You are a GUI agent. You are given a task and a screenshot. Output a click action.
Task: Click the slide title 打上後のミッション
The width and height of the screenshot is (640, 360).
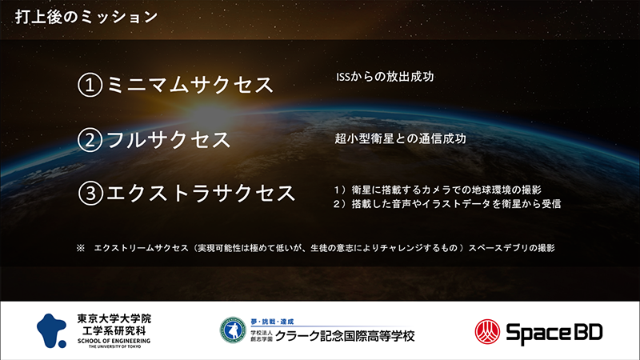pos(86,17)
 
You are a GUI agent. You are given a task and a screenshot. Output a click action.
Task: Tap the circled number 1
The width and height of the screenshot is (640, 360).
pos(90,85)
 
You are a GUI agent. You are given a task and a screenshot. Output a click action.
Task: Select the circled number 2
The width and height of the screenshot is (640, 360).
pos(90,139)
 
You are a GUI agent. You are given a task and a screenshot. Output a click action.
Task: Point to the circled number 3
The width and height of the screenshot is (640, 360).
pos(90,193)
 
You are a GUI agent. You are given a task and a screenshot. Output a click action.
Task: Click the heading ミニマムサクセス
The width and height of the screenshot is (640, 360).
pos(190,85)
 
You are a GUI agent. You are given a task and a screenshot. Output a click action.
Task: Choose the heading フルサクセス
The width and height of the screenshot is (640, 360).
pos(168,139)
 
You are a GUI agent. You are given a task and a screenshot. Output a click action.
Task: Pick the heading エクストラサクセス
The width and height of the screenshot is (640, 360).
pos(201,193)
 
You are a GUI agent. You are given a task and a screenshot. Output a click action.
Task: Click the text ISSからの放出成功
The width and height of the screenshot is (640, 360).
pos(385,77)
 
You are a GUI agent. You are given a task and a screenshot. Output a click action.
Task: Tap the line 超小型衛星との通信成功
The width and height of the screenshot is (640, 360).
pos(401,138)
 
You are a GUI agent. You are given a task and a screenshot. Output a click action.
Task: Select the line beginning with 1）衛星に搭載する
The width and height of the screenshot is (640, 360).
pos(438,190)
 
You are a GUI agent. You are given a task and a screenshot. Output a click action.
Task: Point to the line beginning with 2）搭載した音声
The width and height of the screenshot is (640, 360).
pos(447,204)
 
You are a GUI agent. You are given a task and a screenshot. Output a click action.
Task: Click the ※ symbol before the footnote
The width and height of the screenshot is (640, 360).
pos(81,248)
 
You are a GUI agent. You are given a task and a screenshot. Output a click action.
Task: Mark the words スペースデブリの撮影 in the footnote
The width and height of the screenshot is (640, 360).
pos(511,248)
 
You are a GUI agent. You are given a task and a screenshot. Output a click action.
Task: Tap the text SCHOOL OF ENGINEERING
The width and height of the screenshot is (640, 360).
pos(114,341)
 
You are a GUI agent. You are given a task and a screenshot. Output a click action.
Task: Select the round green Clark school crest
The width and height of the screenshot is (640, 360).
pos(233,330)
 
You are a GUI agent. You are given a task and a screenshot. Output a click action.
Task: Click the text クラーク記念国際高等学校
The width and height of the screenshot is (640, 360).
pos(345,336)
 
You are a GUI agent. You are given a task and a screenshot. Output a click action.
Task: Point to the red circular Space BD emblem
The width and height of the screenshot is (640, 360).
pos(487,332)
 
